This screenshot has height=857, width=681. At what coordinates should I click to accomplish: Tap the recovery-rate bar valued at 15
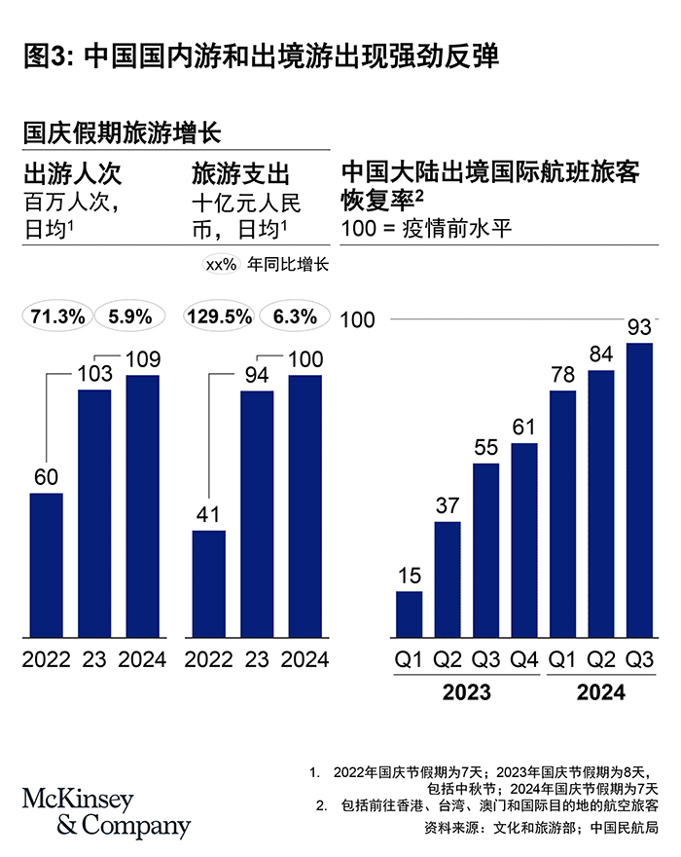tap(409, 615)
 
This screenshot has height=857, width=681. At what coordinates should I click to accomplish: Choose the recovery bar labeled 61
tap(524, 540)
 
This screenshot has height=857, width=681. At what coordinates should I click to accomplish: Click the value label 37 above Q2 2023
tap(448, 504)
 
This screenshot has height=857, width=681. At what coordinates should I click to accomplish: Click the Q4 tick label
tap(524, 659)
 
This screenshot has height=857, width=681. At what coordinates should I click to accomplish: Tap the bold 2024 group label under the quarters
tap(601, 693)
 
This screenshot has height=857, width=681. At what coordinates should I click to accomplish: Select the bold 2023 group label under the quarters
tap(467, 693)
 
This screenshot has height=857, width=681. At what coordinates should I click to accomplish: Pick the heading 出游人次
tap(72, 174)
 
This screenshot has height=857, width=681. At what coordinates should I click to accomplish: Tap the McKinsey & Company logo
tap(106, 813)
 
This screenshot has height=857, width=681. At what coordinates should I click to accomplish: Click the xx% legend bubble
tap(221, 264)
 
